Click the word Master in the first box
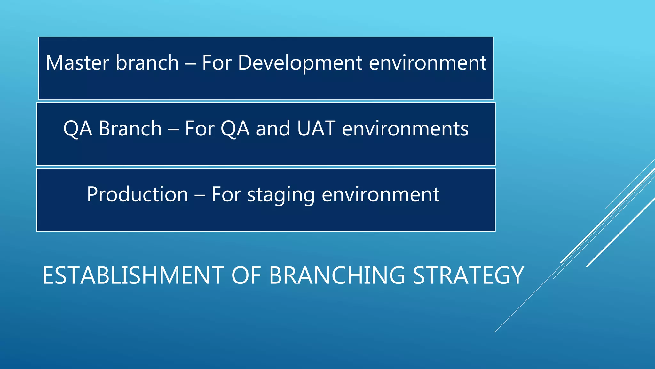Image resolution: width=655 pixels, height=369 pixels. coord(77,63)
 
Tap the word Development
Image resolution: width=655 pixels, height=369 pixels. coord(300,63)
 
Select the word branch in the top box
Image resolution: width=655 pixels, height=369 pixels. coord(147,63)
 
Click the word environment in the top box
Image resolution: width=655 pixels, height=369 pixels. coord(428,63)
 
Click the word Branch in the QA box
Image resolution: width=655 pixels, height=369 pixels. coord(130,129)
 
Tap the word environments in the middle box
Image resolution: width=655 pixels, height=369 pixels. coord(405,129)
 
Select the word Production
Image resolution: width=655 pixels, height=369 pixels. coord(138,194)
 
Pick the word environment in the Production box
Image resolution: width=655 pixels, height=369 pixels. coord(380,194)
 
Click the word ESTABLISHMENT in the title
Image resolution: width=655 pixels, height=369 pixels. coord(133,275)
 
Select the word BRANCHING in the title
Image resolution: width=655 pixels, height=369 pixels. coord(337,275)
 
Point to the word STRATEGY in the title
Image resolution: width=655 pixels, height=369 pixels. coord(468,275)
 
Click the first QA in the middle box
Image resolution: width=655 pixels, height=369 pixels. coord(78,129)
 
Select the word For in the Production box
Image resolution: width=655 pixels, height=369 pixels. coord(226,194)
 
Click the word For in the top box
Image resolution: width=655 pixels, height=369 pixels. coord(217,63)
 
